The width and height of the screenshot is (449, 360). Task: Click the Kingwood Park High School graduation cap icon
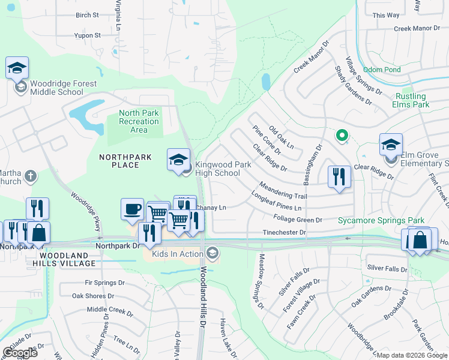[x=178, y=160]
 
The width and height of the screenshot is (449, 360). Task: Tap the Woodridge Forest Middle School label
[x=56, y=88]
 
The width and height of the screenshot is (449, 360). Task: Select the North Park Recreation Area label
[x=139, y=121]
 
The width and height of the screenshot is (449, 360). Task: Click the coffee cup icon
[x=133, y=209]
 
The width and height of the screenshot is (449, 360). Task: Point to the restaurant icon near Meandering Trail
[x=339, y=176]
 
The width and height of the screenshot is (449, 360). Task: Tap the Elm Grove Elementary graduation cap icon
[x=391, y=145]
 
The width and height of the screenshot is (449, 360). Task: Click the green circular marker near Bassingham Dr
[x=342, y=136]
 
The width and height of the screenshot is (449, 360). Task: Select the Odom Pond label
[x=381, y=70]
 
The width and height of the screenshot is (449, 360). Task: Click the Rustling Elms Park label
[x=412, y=100]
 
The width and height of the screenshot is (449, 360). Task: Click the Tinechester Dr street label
[x=285, y=232]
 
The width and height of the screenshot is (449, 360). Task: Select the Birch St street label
[x=87, y=15]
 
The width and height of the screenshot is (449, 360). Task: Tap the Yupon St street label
[x=88, y=35]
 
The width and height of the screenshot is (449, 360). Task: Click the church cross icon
[x=30, y=177]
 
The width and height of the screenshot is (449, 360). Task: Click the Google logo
[x=20, y=353]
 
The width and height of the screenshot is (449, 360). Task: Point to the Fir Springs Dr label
[x=105, y=282]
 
